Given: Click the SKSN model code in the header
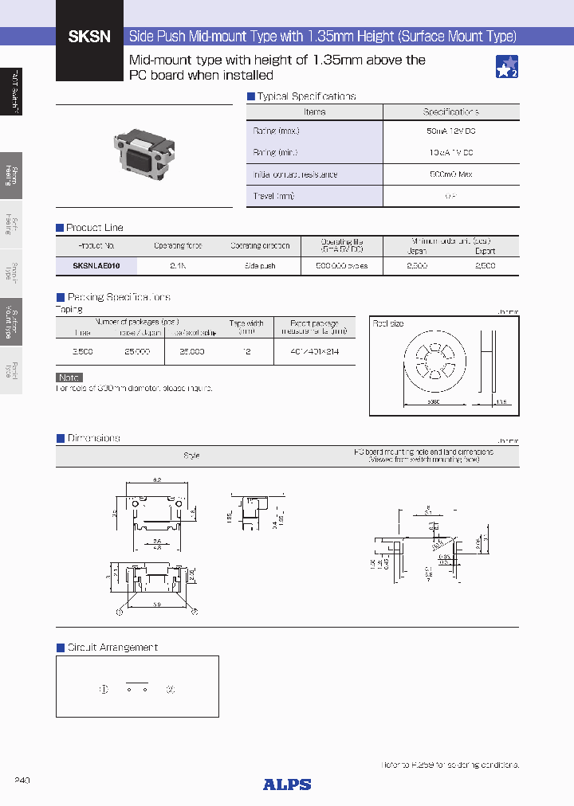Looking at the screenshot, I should pos(89,37).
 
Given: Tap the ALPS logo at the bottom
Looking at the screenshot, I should pos(287,784).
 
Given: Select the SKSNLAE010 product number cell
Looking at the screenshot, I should pos(96,266).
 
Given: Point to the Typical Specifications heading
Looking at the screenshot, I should pos(305,96).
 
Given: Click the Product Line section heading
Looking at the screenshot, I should pos(94,228).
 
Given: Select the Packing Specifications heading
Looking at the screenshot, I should pos(117,297).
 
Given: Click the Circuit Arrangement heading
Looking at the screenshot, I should pos(112,648).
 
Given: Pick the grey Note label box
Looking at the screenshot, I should pos(69,378).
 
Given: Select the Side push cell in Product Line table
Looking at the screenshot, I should pos(260,266).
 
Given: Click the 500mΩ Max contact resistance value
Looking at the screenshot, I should pos(450,174).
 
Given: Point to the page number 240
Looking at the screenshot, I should pos(22,780).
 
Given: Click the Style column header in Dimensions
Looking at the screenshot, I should pos(191,456).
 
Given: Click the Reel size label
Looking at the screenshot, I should pos(389,324).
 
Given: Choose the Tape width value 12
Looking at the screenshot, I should pos(247,351).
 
